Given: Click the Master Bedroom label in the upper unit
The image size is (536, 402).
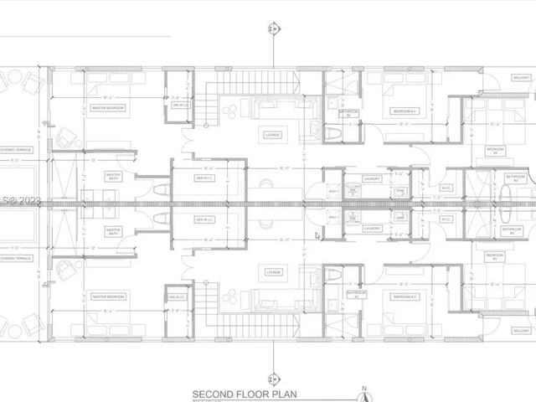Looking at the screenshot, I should (x=109, y=108).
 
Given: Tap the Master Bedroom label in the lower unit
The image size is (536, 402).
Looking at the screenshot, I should (x=109, y=297).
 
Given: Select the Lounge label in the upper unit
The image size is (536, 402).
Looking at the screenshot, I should (x=272, y=134).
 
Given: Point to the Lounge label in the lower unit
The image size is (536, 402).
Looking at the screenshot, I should (x=272, y=271).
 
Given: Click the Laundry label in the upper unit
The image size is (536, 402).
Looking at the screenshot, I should (x=372, y=178).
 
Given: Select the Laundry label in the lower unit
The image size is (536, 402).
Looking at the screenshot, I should (x=372, y=228).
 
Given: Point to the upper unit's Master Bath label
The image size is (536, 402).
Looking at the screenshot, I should (x=114, y=177).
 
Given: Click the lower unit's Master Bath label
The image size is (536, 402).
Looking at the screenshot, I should (x=114, y=230).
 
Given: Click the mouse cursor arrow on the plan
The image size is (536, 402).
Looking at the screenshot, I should (x=317, y=235).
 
